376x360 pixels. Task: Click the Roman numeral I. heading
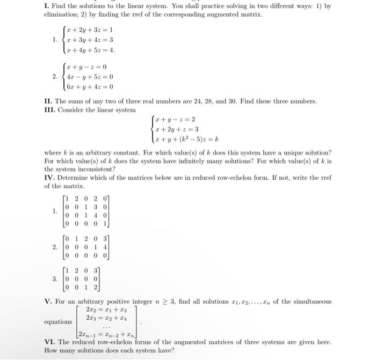[x=46, y=5]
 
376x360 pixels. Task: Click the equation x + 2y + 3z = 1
[x=89, y=30]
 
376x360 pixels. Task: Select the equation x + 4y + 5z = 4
[x=90, y=50]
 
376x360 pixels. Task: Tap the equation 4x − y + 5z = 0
[x=89, y=76]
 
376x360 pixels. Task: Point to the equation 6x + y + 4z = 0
[x=89, y=86]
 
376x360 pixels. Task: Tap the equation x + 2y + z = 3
[x=176, y=129]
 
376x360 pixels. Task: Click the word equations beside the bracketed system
[x=57, y=322]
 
